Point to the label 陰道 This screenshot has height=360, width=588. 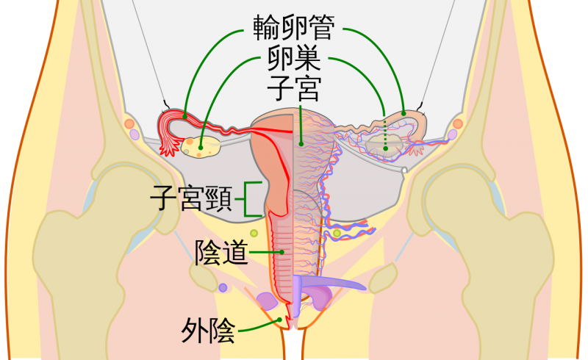(219, 252)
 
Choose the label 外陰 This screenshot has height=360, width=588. (208, 332)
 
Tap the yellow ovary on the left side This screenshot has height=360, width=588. (201, 147)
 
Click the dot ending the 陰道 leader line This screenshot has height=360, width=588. (282, 252)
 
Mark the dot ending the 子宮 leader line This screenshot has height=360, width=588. (301, 143)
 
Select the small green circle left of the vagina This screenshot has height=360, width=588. (253, 233)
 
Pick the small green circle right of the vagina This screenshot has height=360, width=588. (337, 234)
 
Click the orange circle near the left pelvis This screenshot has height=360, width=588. (130, 124)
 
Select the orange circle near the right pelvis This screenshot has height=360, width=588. (458, 124)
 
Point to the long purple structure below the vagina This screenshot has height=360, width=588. (331, 283)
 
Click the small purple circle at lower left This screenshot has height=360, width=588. (223, 288)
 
